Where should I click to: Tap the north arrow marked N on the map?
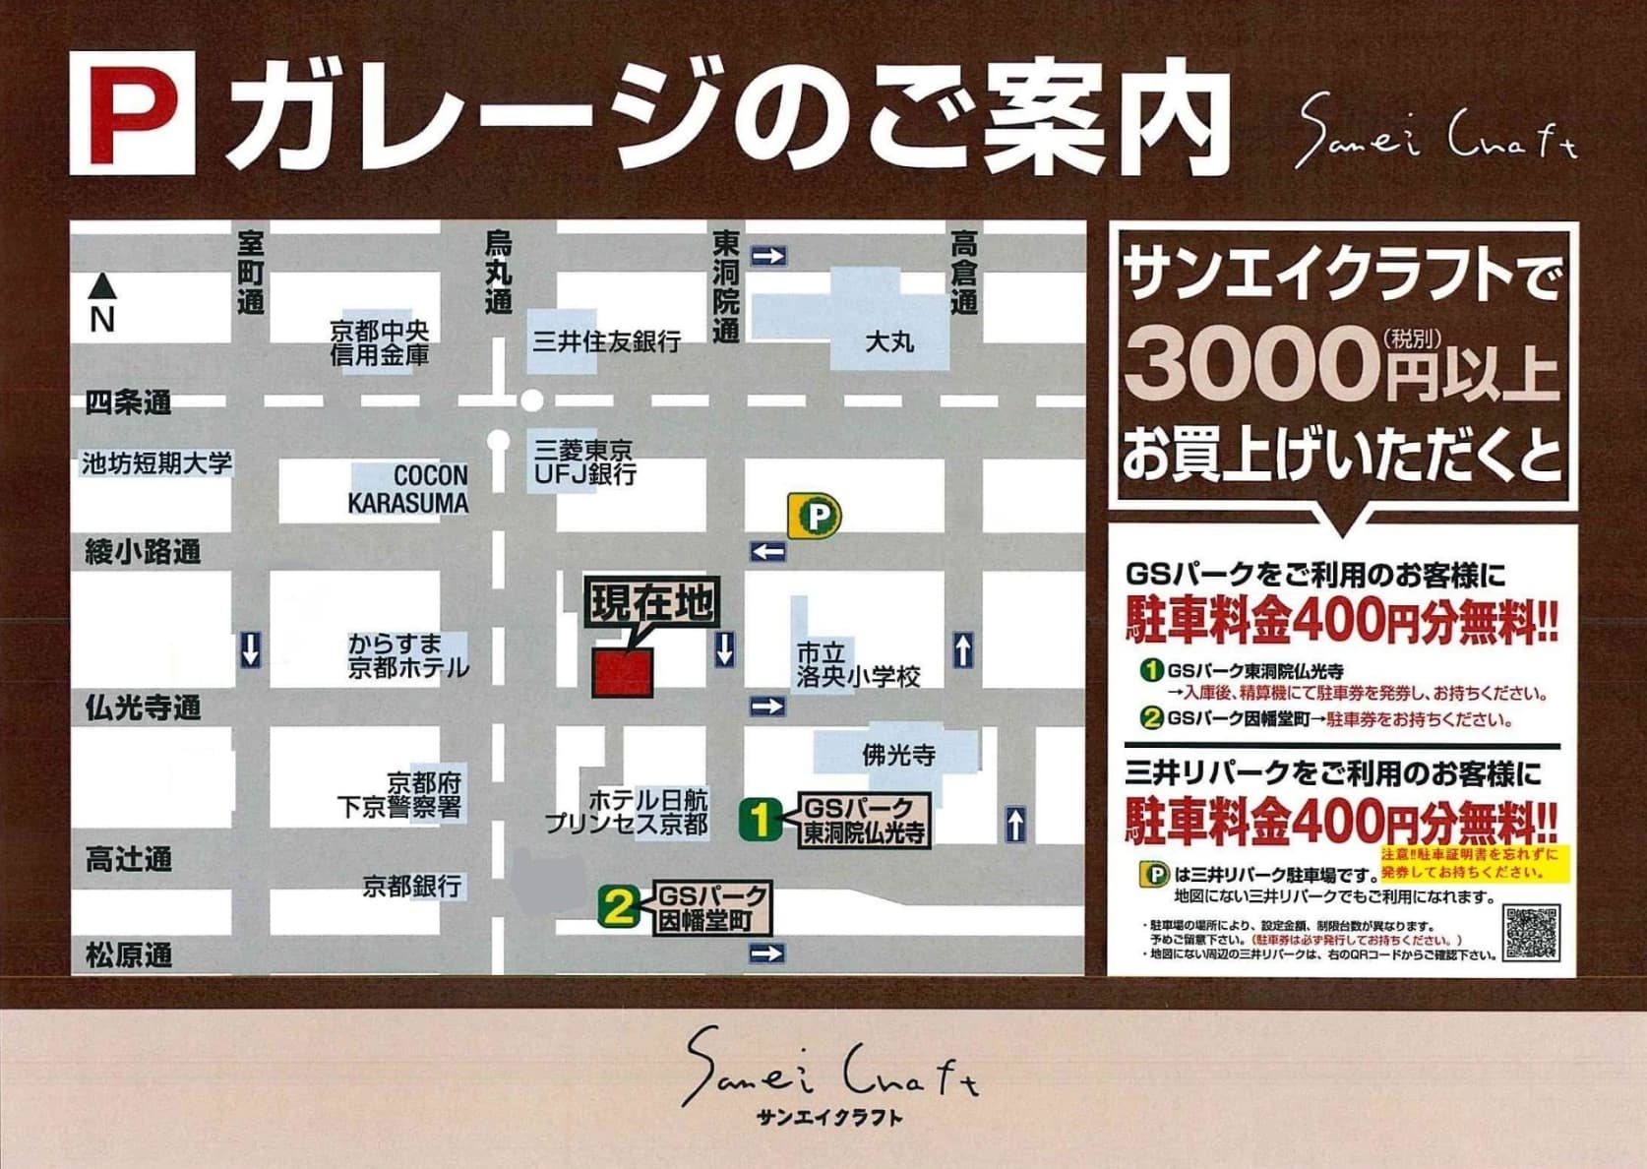click(102, 304)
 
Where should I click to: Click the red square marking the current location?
click(622, 673)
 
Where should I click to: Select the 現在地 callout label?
click(652, 602)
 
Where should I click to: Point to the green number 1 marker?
click(760, 819)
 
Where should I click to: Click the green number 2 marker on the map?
click(619, 906)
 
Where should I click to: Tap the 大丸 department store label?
click(889, 342)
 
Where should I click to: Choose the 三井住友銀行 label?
click(606, 341)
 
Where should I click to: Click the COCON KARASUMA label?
click(408, 489)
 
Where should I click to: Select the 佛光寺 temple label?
click(897, 756)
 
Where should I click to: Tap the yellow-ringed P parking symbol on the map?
click(816, 516)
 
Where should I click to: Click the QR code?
click(1532, 932)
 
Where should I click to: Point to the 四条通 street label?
click(128, 402)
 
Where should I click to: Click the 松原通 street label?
click(128, 954)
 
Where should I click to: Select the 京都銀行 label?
click(411, 887)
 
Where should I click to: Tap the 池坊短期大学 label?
click(156, 462)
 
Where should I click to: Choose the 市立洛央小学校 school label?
click(858, 665)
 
